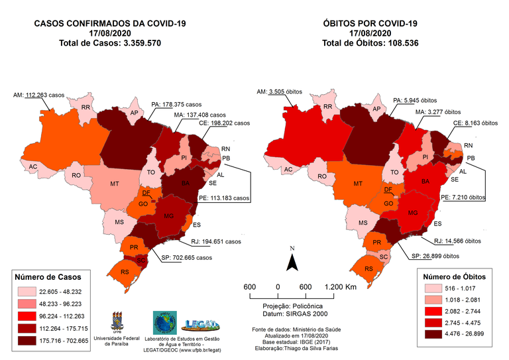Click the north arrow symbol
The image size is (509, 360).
(x=291, y=261)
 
